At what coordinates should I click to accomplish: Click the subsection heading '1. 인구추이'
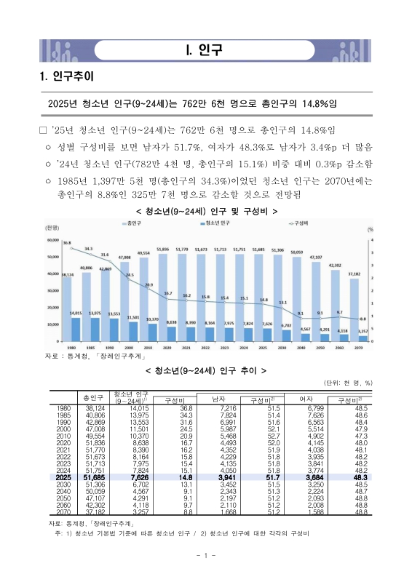point(65,77)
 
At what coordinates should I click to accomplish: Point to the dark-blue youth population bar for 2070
point(362,338)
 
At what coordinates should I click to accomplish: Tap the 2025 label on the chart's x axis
point(264,348)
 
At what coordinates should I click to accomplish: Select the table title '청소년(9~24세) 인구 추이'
point(207,370)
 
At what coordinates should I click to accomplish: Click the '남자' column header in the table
point(217,397)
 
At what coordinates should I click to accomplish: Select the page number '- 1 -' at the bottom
point(205,557)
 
